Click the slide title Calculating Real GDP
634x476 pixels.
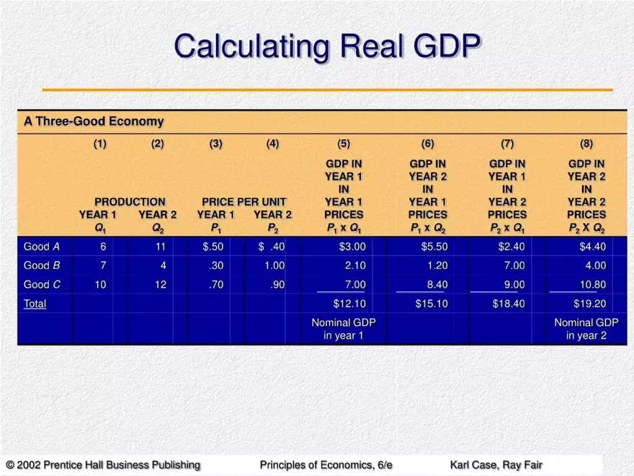(x=326, y=47)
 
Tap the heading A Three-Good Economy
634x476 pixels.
(x=94, y=122)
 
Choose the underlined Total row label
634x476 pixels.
(x=35, y=304)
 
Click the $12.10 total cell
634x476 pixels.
(x=349, y=304)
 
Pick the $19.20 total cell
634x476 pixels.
(x=589, y=304)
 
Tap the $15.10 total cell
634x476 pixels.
(x=432, y=304)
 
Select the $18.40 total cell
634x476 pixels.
(x=508, y=304)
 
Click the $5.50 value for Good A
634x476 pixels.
(x=434, y=247)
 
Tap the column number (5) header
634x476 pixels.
(x=344, y=144)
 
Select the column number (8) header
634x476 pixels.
(x=586, y=144)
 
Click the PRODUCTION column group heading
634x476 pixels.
(x=130, y=202)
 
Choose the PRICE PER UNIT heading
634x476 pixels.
(x=244, y=202)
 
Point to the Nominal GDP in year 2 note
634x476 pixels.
(x=586, y=329)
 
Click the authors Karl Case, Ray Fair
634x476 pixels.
(x=496, y=465)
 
